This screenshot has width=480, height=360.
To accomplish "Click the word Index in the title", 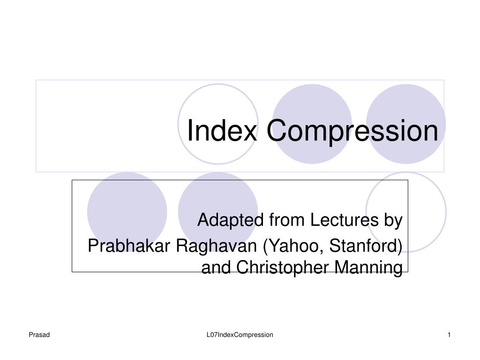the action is [222, 130].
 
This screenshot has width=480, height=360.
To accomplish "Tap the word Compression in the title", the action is [352, 132].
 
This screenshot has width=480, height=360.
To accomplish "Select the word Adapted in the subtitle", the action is [231, 220].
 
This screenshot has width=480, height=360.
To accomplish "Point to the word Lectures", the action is [345, 220].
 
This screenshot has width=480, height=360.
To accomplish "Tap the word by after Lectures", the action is [393, 221].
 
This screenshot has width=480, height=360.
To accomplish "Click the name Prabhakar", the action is [129, 246].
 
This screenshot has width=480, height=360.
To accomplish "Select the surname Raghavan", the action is [217, 247].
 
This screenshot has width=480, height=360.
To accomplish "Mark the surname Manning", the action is [368, 268].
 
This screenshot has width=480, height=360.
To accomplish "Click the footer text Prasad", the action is [39, 335].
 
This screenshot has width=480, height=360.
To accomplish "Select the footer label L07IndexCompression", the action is [240, 335].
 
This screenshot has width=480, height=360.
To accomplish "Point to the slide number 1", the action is [449, 335].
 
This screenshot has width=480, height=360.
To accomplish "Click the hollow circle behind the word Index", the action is [178, 124].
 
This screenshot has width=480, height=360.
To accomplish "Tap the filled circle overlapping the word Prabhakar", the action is [127, 212].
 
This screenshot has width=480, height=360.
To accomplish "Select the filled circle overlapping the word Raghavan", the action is [218, 212].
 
